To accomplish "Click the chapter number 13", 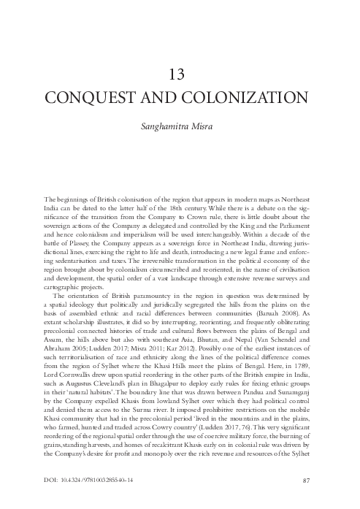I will (x=180, y=74).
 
